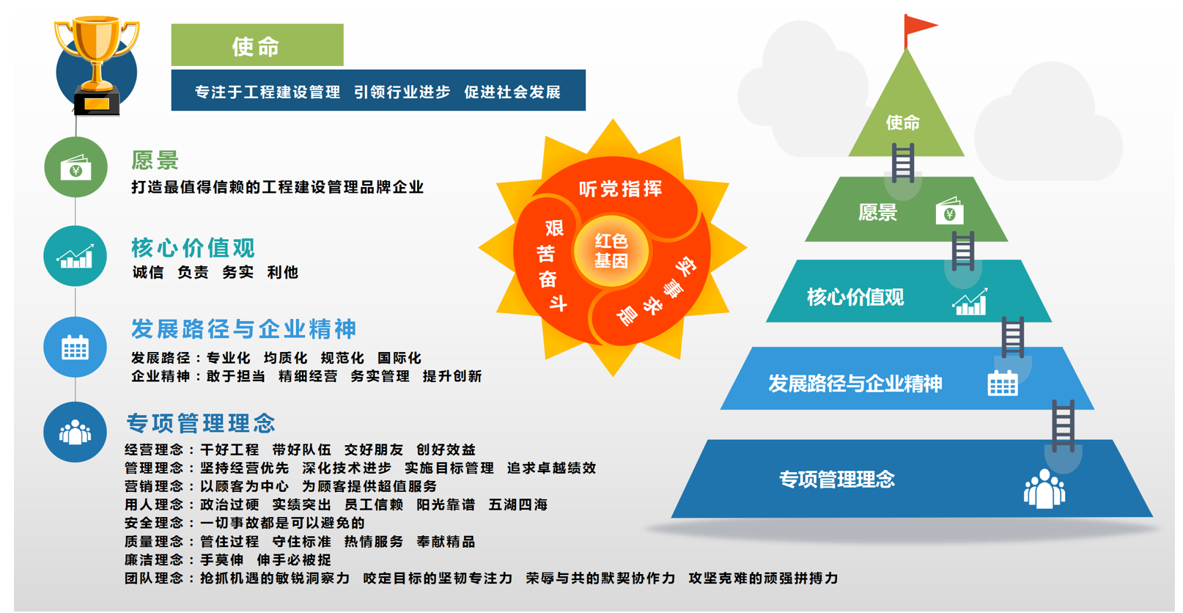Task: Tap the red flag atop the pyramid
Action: pos(920,26)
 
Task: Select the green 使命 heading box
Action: pos(257,45)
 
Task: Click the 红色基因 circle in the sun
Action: pos(611,251)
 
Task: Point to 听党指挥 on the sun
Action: pos(620,188)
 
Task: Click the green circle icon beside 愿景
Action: pos(75,167)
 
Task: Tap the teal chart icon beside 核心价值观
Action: pos(75,257)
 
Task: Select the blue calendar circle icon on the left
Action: pos(75,347)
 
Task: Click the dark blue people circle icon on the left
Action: pos(75,433)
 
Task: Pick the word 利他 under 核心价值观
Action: pos(282,272)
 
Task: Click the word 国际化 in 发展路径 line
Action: pos(399,359)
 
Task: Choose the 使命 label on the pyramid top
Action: pos(902,122)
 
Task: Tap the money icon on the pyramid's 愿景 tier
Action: pos(950,211)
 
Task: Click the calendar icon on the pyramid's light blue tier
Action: pos(1003,383)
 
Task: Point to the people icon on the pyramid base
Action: pos(1044,489)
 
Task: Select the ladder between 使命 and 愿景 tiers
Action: pos(903,163)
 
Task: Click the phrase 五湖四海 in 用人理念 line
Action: pos(518,504)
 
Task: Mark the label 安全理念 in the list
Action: pos(154,523)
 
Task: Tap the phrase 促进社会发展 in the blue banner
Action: pos(512,92)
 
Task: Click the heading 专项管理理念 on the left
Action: pos(201,423)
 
